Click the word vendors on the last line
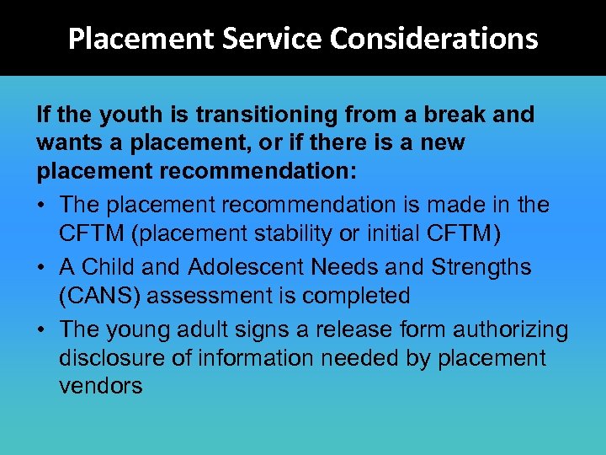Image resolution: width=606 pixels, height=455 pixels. click(x=101, y=387)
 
